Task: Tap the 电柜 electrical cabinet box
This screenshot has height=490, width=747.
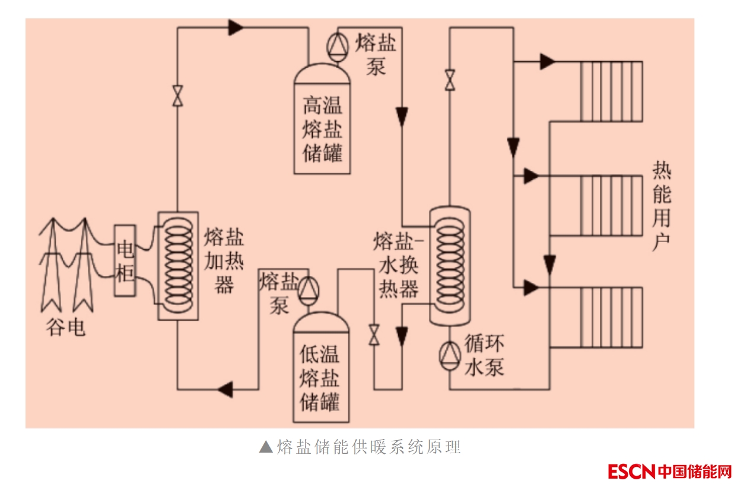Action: [x=125, y=260]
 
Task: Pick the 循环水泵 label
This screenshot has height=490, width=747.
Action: [x=484, y=356]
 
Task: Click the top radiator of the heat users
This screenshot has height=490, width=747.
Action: [x=611, y=90]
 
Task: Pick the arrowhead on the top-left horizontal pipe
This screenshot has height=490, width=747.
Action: [x=236, y=27]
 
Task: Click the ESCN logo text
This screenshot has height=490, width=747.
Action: [x=631, y=472]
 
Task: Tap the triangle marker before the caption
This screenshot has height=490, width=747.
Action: [x=266, y=447]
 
